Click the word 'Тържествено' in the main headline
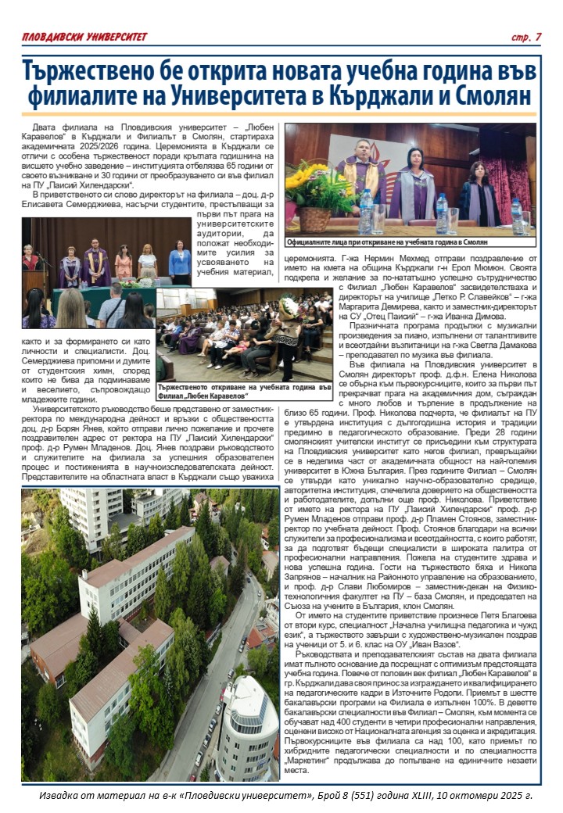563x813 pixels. pos(115,73)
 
